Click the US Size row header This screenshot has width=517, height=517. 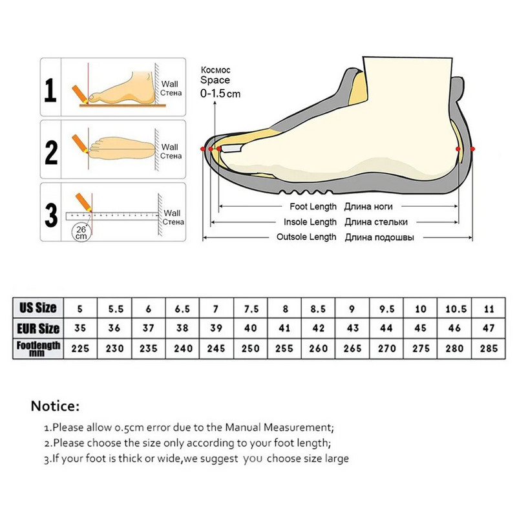coord(38,308)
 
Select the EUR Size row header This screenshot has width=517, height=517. coord(38,328)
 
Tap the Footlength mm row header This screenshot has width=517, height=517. coord(38,348)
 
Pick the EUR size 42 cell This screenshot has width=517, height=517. coord(318,328)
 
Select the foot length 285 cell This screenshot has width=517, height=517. coord(489,348)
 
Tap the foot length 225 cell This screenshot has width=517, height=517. coord(80,348)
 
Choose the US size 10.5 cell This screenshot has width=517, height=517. coord(456,309)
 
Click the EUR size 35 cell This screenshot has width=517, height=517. coord(80,328)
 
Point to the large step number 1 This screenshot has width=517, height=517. coord(50,90)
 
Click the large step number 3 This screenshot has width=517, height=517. coord(51,215)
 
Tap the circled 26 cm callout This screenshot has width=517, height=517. coord(81,233)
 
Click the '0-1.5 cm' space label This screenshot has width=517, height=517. coord(220,94)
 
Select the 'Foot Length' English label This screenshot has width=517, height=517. coord(313,207)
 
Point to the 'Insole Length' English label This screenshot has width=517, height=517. coord(310,222)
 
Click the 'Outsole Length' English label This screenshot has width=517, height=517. coord(306,237)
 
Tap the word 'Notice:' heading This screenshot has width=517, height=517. coord(55,406)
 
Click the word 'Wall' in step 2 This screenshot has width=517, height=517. coord(169,147)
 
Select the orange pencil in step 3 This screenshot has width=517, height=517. coord(83,202)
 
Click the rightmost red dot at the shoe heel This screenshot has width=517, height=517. coord(472,149)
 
